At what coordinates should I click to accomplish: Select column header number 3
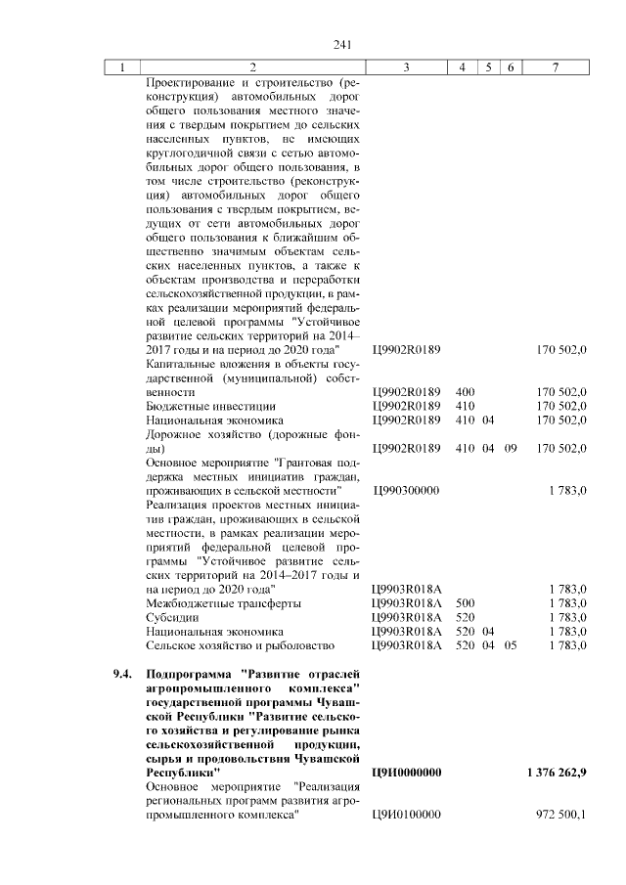[406, 67]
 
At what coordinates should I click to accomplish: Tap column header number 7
[556, 67]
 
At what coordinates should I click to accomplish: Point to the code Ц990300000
[406, 490]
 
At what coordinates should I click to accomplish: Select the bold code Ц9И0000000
[407, 773]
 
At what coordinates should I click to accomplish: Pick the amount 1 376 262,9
[555, 773]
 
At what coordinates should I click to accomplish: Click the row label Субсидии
[172, 617]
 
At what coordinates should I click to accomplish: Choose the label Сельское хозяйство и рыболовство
[240, 645]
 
